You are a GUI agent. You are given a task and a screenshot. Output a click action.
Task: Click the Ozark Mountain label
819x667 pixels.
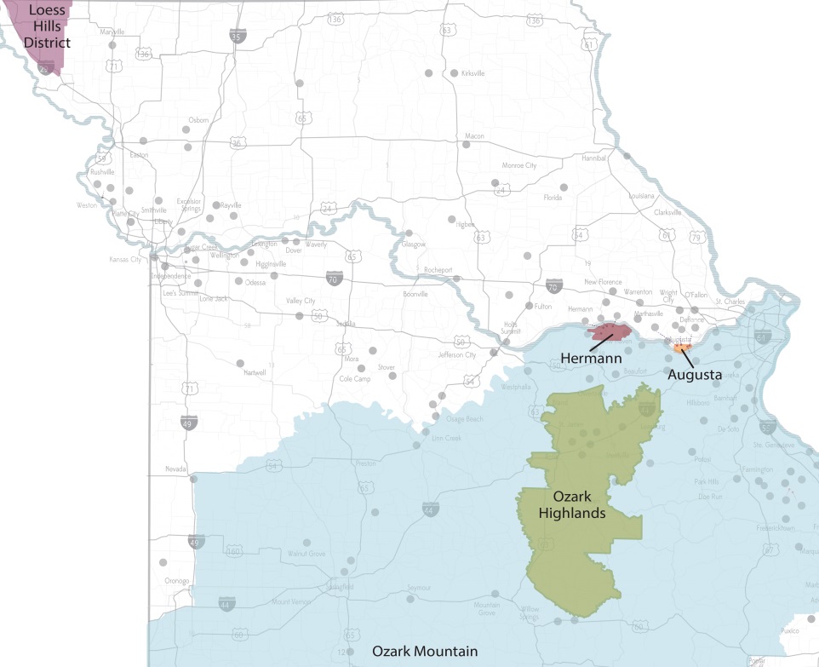click(x=424, y=652)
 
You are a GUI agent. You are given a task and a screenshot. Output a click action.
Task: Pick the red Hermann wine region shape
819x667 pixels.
click(x=613, y=332)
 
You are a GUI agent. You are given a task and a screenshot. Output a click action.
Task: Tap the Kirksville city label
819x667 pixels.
click(x=472, y=74)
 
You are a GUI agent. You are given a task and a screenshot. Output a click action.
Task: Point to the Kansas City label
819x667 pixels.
click(x=126, y=259)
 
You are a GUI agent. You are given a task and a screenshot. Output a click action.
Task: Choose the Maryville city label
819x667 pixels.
click(x=112, y=32)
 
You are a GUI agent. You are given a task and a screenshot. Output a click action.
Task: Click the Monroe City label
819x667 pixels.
click(x=519, y=165)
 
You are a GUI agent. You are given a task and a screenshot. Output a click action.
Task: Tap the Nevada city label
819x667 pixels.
click(x=175, y=469)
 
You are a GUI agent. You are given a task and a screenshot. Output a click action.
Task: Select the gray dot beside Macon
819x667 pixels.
click(x=465, y=145)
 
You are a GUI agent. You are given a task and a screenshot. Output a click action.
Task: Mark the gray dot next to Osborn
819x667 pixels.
click(x=186, y=130)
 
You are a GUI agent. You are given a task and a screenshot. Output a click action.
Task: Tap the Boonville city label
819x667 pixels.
click(x=415, y=295)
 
